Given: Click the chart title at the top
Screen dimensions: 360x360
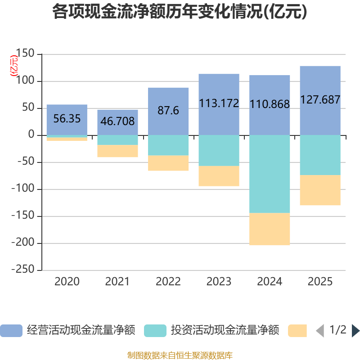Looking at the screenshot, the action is [180, 12].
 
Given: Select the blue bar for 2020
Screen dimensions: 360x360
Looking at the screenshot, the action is [67, 120].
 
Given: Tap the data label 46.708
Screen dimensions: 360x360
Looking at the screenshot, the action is [117, 121].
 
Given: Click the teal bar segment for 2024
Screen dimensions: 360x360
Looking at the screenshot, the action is [270, 174].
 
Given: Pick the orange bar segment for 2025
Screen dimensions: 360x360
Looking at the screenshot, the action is [320, 190].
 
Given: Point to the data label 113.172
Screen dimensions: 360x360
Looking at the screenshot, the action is [219, 103].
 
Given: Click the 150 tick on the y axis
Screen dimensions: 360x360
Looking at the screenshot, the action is [25, 53].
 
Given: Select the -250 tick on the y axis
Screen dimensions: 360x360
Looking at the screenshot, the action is [23, 269].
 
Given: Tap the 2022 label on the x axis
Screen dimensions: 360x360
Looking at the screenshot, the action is [168, 282].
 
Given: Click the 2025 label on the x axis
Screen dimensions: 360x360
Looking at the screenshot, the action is [320, 282].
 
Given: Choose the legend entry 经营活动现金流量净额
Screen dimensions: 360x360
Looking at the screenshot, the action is [68, 330].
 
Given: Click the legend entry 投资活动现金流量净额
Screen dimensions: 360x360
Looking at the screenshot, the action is [211, 330].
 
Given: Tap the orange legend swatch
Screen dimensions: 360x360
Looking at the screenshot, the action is [297, 331].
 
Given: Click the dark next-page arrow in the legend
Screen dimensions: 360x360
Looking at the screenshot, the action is [355, 331].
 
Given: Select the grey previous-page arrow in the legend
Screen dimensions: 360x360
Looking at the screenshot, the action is [320, 331].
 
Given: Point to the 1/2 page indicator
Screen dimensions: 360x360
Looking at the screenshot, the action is [338, 330].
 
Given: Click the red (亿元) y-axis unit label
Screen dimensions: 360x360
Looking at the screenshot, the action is [14, 66].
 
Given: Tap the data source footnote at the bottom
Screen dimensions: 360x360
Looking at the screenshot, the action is [180, 355].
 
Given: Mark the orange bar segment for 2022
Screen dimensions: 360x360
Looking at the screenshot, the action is [168, 163].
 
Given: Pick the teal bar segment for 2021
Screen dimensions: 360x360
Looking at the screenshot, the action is [117, 140].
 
